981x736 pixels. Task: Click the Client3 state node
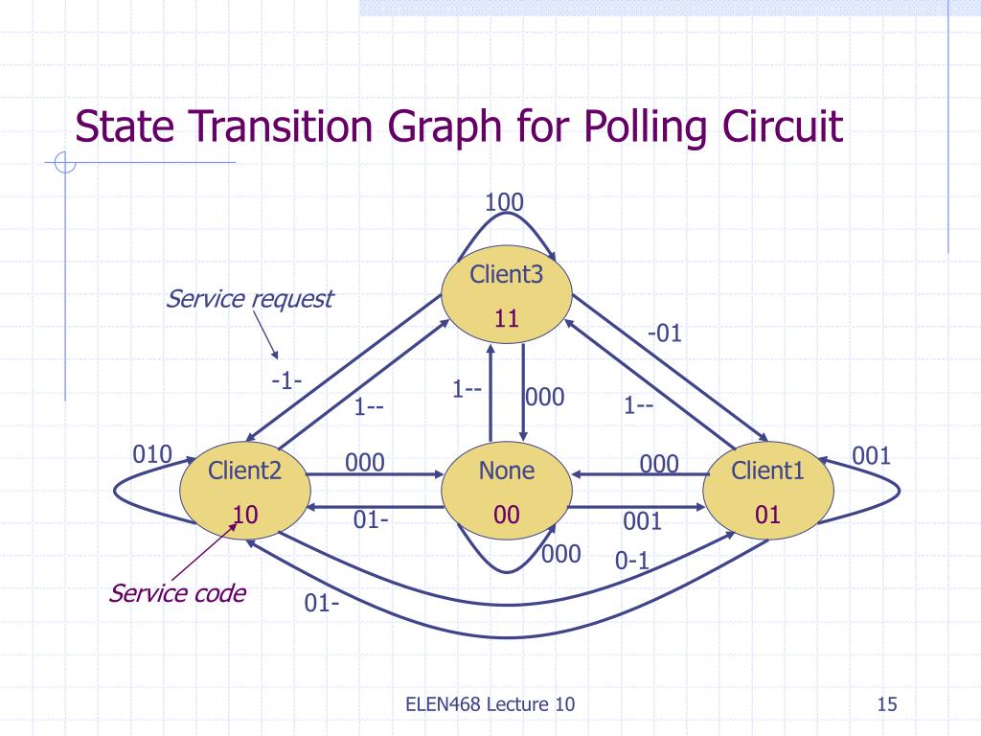[x=507, y=297]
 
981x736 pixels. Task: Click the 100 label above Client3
[x=504, y=202]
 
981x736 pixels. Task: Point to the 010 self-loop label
[x=151, y=454]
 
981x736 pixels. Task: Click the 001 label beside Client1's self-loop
[x=872, y=455]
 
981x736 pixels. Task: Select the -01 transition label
[x=664, y=333]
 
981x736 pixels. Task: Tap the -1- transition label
[x=286, y=380]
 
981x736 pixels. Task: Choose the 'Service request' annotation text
[x=249, y=299]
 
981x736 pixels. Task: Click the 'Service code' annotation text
[x=177, y=593]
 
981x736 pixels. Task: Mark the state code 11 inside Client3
[x=507, y=320]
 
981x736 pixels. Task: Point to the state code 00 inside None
[x=507, y=516]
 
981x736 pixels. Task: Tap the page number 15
[x=886, y=705]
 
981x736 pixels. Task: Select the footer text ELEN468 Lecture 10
[x=490, y=705]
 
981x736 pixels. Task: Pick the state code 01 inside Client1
[x=768, y=516]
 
